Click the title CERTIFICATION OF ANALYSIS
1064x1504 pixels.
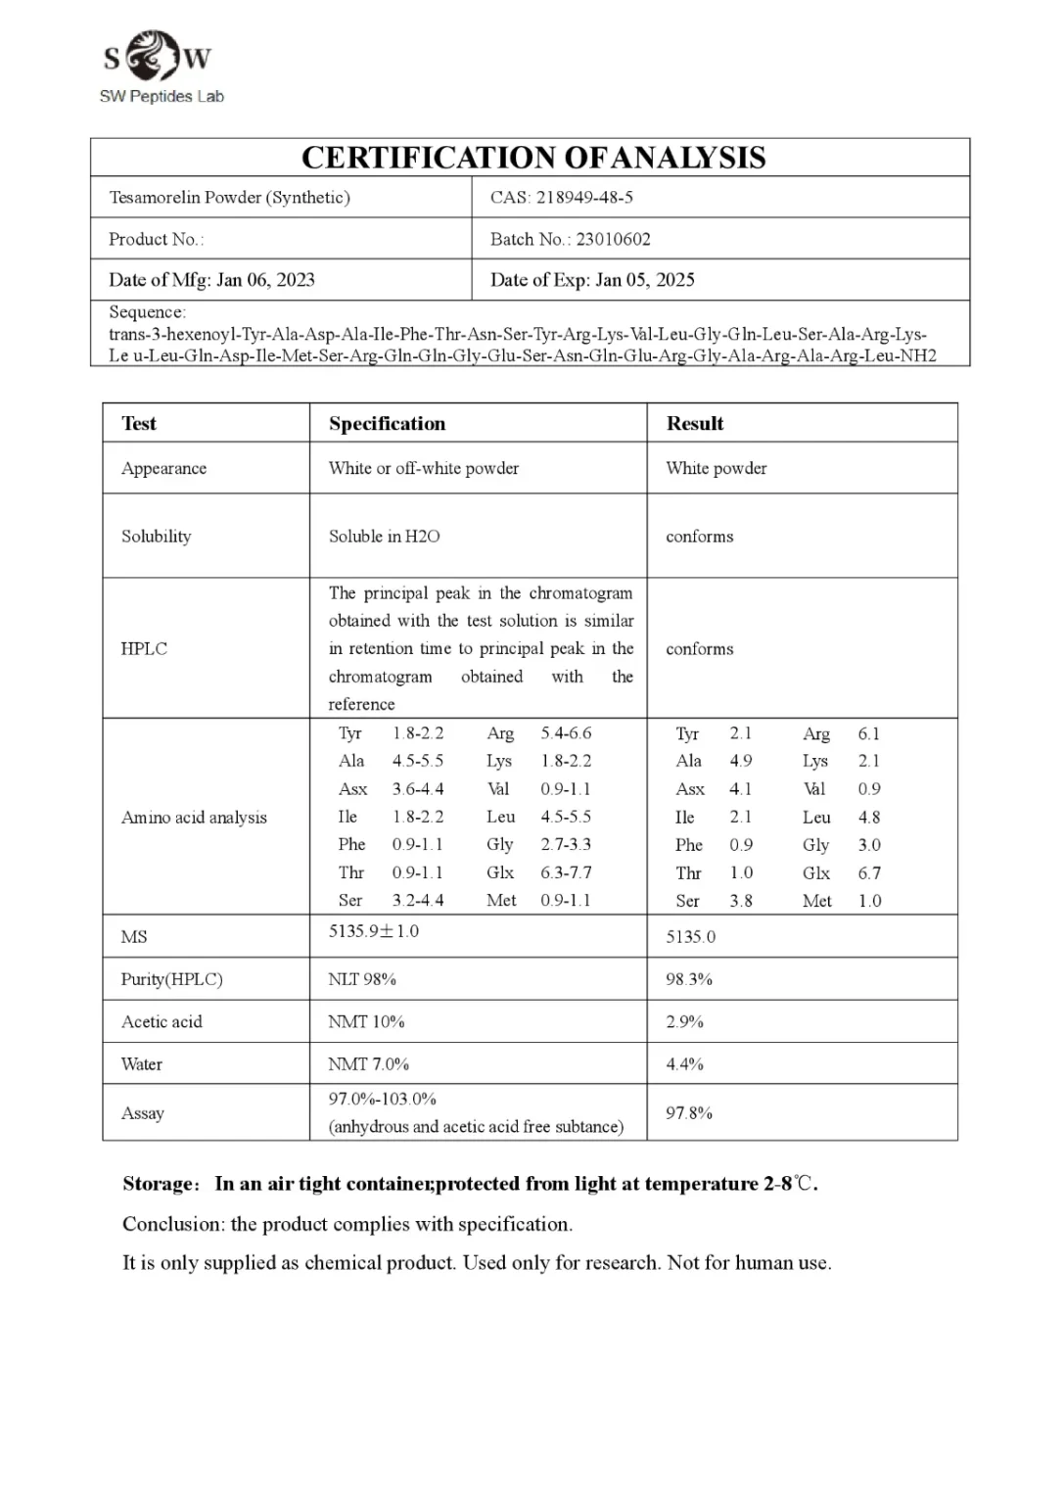tap(532, 158)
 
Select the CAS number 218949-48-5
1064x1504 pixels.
tap(584, 197)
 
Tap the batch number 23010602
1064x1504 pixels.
tap(613, 239)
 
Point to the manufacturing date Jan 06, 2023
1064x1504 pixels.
tap(265, 280)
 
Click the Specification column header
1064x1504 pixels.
tap(387, 423)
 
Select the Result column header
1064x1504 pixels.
tap(694, 423)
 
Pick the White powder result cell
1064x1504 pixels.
tap(716, 468)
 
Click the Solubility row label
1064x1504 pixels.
tap(156, 536)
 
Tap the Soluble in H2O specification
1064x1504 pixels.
tap(384, 536)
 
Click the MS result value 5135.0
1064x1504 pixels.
tap(690, 936)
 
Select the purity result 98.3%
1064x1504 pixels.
tap(688, 979)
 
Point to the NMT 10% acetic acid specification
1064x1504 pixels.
tap(366, 1021)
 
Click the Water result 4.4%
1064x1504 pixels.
tap(684, 1063)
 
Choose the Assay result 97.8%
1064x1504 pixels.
tap(688, 1112)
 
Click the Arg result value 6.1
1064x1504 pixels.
tap(868, 733)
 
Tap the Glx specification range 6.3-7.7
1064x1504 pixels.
tap(566, 872)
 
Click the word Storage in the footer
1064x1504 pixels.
tap(160, 1184)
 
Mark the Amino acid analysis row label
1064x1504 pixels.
tap(194, 817)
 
